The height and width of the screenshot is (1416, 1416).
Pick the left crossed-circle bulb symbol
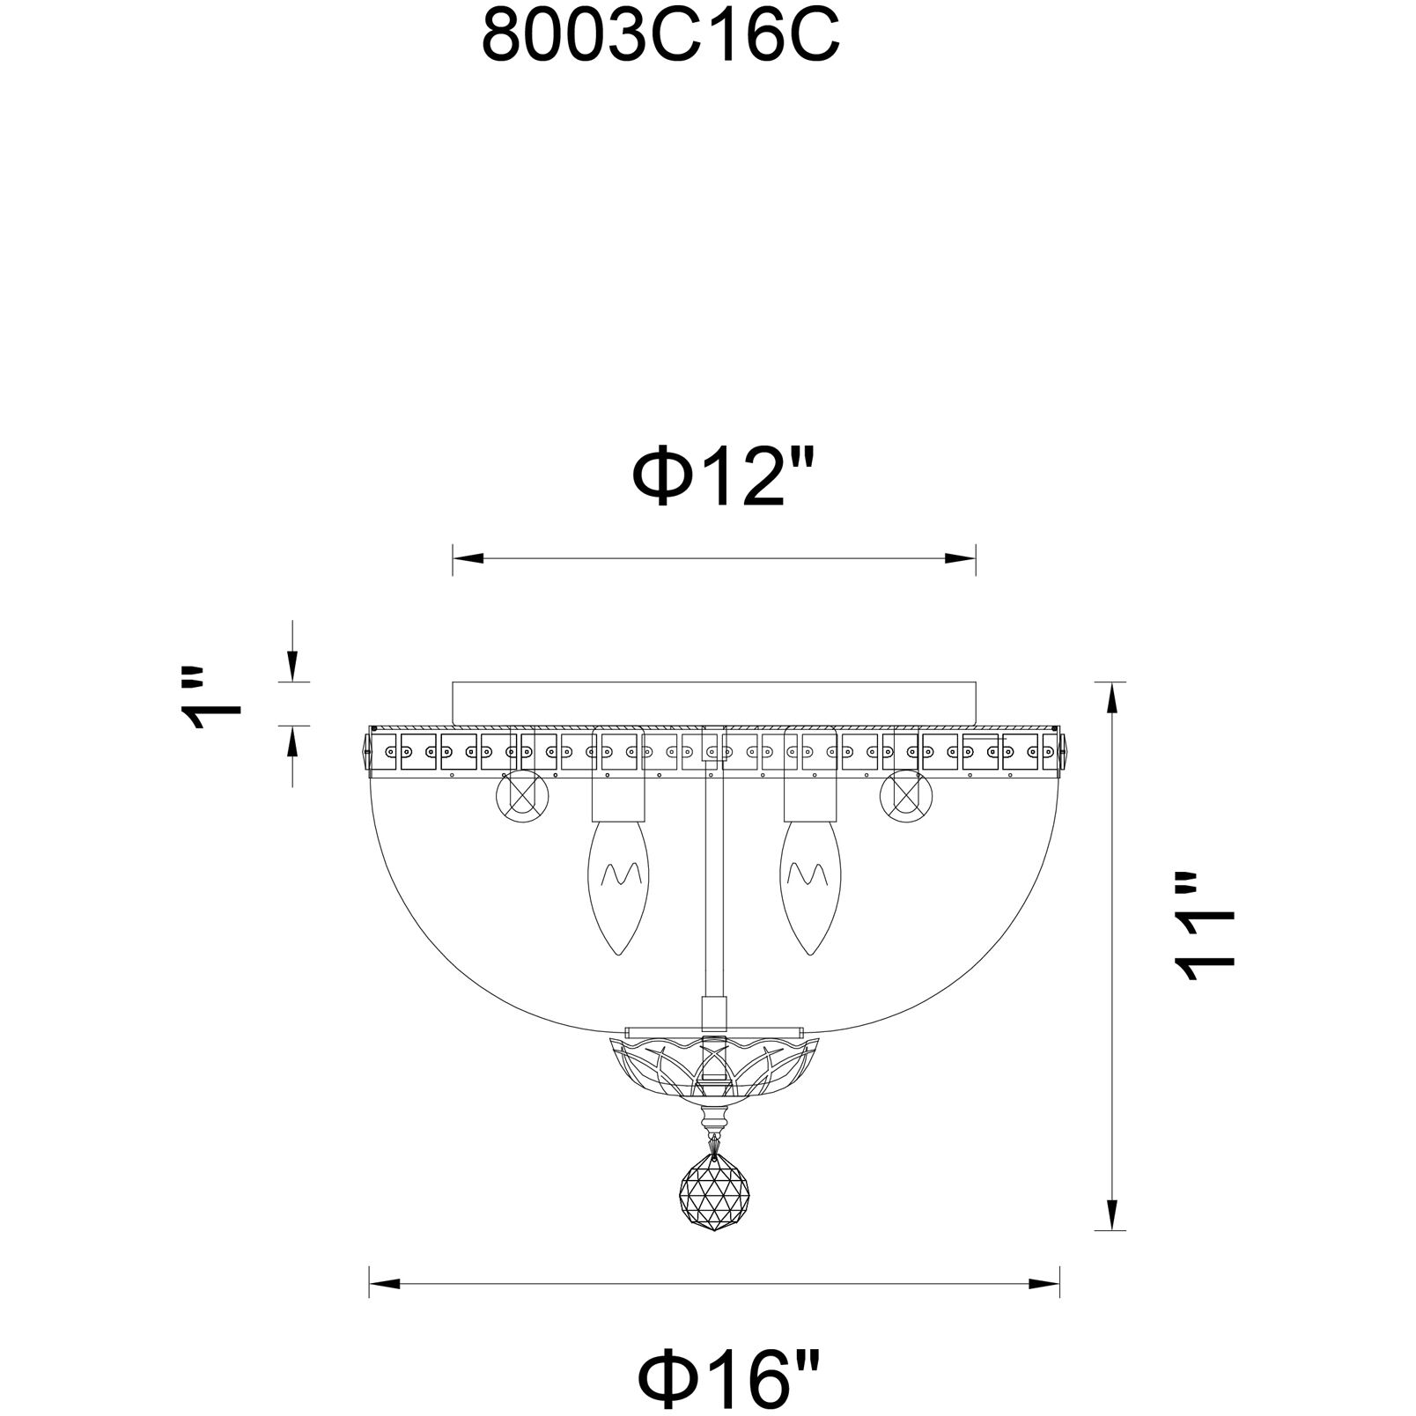click(x=523, y=800)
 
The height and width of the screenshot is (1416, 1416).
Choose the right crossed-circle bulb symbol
click(x=906, y=800)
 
